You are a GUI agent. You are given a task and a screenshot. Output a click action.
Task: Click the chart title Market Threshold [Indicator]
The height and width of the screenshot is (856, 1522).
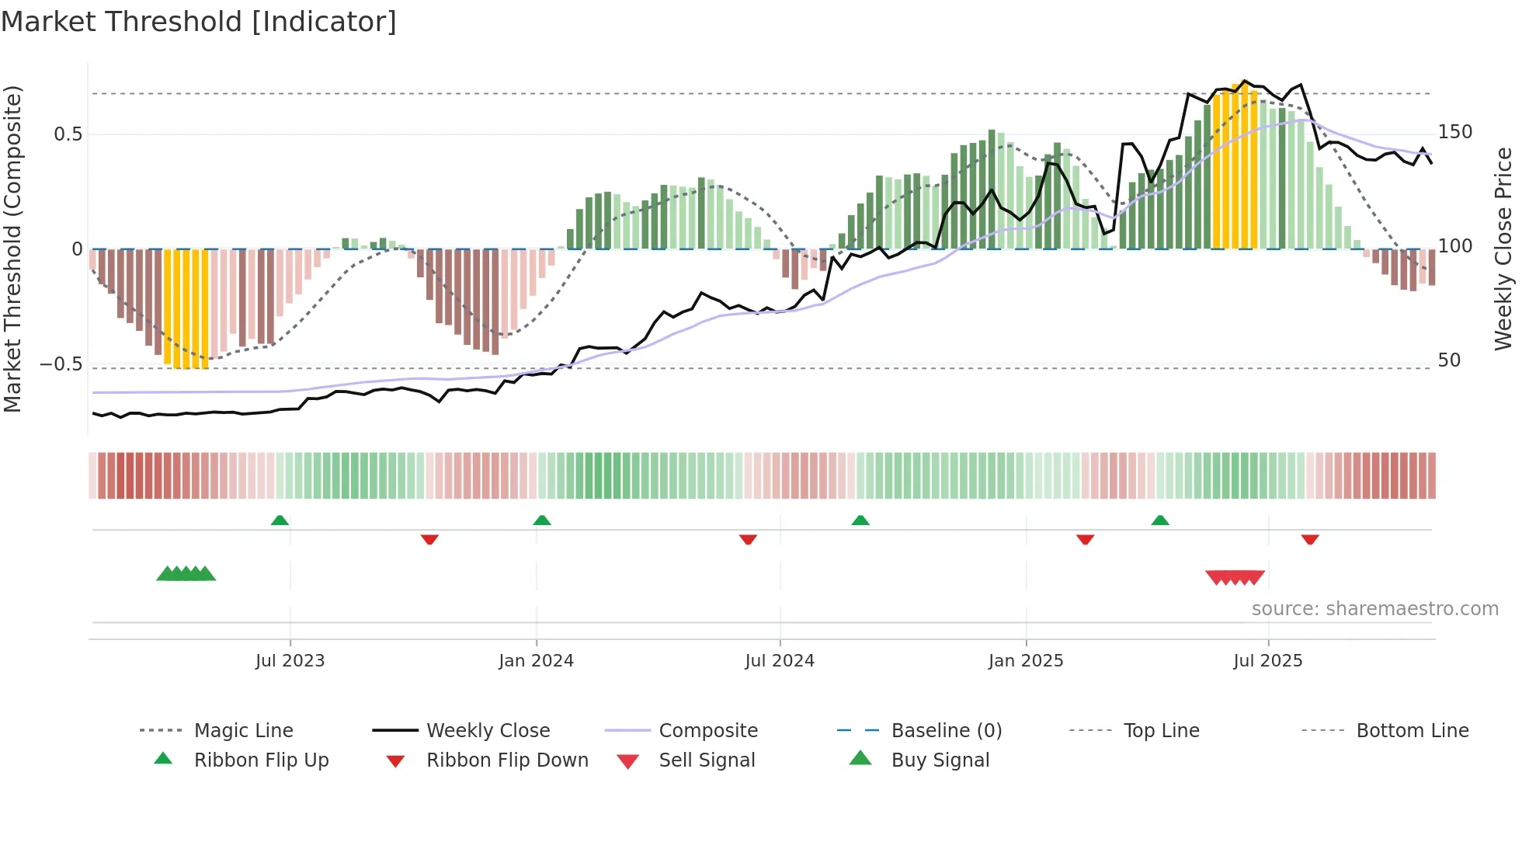pyautogui.click(x=199, y=22)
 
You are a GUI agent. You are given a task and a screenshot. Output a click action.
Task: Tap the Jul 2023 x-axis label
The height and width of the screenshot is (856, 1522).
pyautogui.click(x=290, y=661)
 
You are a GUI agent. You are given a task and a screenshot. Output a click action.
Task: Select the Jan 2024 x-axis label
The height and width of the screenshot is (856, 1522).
pyautogui.click(x=536, y=661)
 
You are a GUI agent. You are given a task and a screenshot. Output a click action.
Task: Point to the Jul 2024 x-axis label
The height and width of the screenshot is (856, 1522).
pyautogui.click(x=780, y=661)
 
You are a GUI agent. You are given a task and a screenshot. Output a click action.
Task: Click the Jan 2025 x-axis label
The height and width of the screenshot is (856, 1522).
pyautogui.click(x=1026, y=661)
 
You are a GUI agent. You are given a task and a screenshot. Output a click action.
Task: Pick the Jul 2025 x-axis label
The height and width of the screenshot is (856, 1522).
pyautogui.click(x=1268, y=661)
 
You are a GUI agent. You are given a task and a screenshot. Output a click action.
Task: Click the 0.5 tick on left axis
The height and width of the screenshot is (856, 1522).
pyautogui.click(x=68, y=134)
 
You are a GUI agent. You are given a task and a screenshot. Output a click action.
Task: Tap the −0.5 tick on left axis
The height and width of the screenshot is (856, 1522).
pyautogui.click(x=61, y=364)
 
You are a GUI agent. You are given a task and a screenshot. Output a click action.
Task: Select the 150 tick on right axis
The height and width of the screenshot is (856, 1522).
pyautogui.click(x=1455, y=132)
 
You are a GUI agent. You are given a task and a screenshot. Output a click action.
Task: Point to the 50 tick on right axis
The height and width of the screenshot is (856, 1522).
pyautogui.click(x=1450, y=360)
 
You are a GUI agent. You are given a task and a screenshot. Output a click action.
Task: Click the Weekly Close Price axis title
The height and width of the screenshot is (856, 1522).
pyautogui.click(x=1504, y=249)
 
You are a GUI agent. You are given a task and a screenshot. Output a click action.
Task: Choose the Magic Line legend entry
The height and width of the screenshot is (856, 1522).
pyautogui.click(x=243, y=731)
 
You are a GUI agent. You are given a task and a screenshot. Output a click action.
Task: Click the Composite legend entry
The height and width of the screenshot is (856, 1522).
pyautogui.click(x=707, y=731)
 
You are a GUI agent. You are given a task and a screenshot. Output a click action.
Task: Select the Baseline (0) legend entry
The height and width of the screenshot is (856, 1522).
pyautogui.click(x=946, y=731)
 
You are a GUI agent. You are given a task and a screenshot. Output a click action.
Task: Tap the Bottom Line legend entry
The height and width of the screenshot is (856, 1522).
pyautogui.click(x=1412, y=731)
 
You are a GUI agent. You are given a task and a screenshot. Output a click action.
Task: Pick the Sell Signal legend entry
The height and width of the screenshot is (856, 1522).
pyautogui.click(x=706, y=760)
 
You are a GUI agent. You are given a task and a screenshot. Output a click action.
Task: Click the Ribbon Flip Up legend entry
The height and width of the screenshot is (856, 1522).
pyautogui.click(x=261, y=760)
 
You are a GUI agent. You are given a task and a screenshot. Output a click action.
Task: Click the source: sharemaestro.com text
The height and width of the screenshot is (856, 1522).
pyautogui.click(x=1374, y=609)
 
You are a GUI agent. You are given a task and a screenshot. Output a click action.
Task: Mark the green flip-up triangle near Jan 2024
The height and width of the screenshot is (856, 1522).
pyautogui.click(x=542, y=520)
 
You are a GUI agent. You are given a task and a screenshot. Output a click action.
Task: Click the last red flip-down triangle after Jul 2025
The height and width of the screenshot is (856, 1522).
pyautogui.click(x=1310, y=539)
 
